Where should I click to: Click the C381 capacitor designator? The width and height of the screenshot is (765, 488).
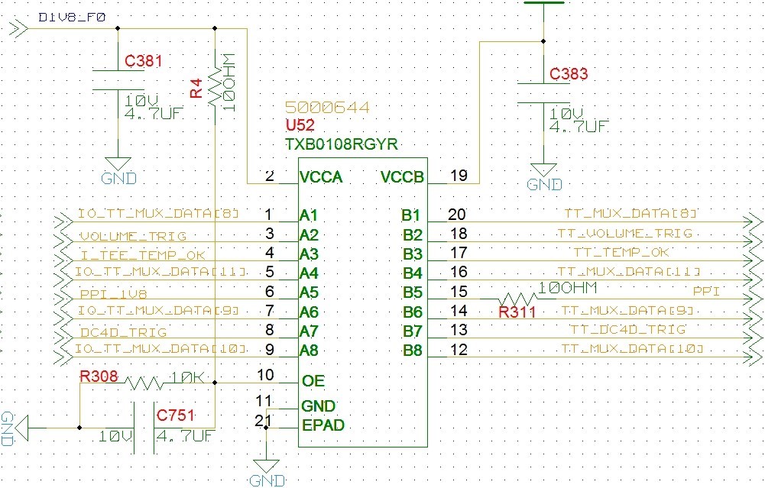click(x=143, y=62)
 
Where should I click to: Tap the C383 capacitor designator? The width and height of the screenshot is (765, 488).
click(x=569, y=74)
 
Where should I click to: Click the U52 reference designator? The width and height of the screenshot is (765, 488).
click(x=299, y=126)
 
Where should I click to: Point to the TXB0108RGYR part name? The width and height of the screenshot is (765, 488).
click(x=341, y=144)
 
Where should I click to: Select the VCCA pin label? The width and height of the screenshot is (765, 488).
click(x=321, y=177)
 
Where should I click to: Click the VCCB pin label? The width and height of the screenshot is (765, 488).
click(x=402, y=177)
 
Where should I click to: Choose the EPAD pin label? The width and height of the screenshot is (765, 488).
click(x=323, y=425)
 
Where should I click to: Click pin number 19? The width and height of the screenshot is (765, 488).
click(x=459, y=176)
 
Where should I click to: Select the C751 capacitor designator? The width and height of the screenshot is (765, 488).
click(x=175, y=415)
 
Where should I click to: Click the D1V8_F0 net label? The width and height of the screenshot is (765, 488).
click(x=62, y=15)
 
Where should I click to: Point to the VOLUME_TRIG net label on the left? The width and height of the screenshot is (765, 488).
click(x=132, y=236)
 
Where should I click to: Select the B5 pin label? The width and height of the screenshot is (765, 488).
click(x=411, y=292)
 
